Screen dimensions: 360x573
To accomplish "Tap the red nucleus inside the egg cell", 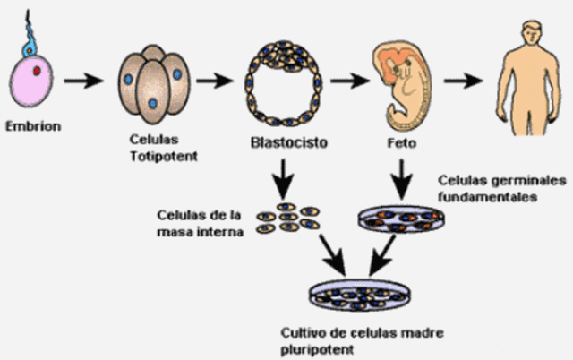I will coord(37,69).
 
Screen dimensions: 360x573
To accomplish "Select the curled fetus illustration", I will coord(400,84).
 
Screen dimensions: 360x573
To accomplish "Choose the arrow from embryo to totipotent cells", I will coord(85,82).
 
